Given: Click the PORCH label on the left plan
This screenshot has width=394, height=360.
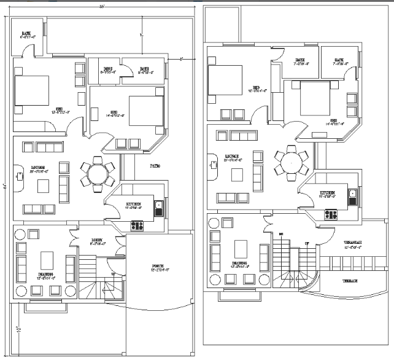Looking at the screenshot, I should (160, 266).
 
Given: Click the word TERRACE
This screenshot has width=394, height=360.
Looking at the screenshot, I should (350, 281).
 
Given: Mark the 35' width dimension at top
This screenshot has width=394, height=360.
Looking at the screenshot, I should (101, 7).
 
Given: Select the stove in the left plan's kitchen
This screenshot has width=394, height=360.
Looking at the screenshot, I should (136, 225).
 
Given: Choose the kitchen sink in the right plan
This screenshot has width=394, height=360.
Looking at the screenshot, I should (353, 196).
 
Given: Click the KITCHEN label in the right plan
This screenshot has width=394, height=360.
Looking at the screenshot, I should (326, 194).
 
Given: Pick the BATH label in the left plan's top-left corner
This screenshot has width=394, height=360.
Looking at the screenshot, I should (26, 34).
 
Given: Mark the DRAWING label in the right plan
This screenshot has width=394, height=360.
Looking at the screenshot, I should (239, 263).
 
